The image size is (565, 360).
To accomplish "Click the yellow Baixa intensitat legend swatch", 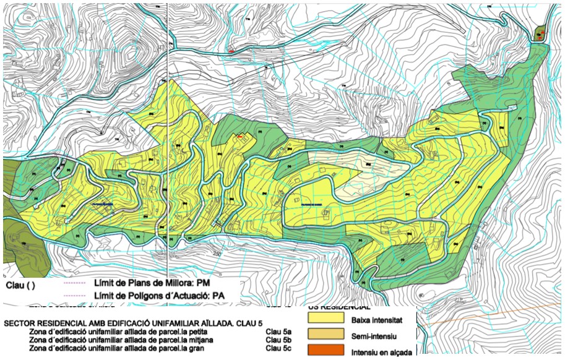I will (326, 319).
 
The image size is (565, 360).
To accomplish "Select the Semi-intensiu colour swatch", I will (326, 335).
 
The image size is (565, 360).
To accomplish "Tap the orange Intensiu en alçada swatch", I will (326, 351).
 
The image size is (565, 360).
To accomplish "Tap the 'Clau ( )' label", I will (21, 286).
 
